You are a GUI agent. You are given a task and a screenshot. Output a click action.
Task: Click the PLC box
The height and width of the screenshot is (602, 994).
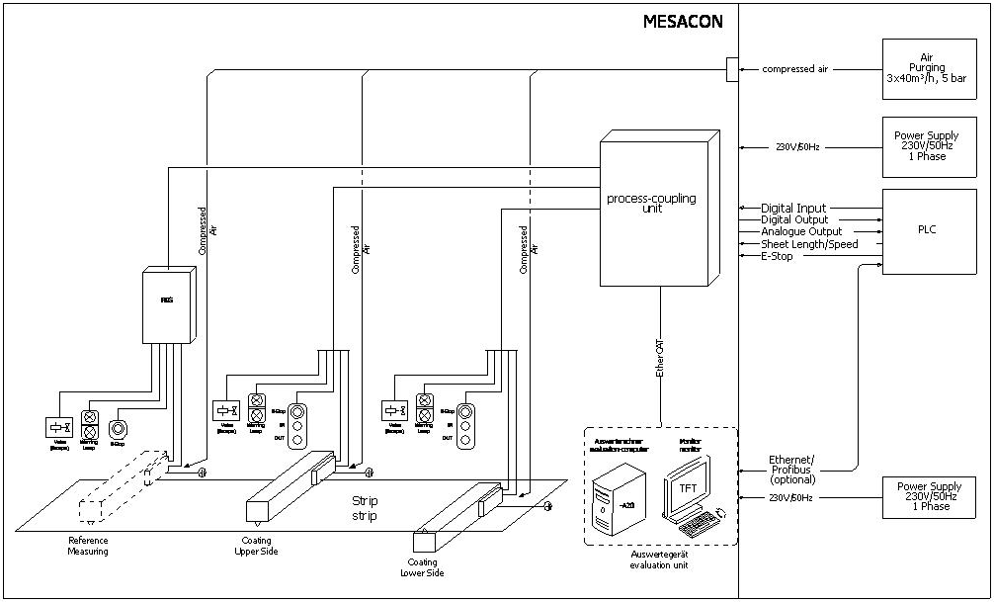[x=927, y=231]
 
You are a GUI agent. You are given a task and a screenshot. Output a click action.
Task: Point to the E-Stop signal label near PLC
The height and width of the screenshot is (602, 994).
[x=777, y=256]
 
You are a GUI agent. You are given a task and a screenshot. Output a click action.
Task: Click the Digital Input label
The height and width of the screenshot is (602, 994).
[x=793, y=209]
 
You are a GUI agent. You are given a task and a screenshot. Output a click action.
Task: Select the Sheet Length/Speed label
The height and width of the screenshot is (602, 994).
[x=809, y=244]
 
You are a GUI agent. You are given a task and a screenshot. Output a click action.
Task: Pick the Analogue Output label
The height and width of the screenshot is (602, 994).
[x=801, y=232]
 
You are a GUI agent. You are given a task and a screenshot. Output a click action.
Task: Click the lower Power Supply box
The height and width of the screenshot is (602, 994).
[x=927, y=496]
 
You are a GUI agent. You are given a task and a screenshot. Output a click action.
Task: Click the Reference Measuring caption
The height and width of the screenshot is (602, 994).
[x=89, y=546]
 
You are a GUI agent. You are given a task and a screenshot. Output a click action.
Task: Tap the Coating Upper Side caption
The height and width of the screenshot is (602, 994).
[x=260, y=546]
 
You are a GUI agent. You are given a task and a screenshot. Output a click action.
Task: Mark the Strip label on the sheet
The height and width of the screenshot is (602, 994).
[x=366, y=508]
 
